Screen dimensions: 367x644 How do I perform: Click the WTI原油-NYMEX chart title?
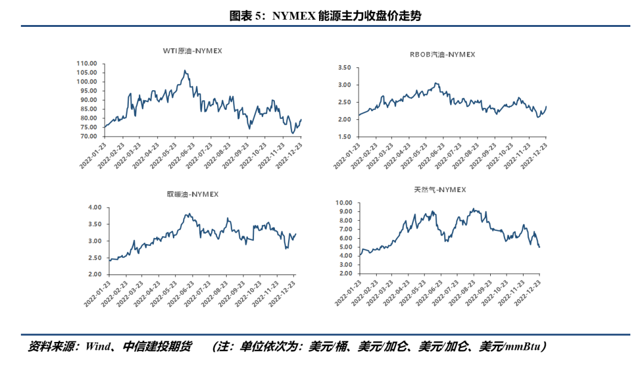tap(192, 51)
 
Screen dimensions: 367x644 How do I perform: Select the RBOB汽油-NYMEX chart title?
tap(442, 54)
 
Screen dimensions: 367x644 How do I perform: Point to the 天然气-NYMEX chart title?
tap(440, 190)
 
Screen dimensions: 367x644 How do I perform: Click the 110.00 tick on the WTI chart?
tap(87, 63)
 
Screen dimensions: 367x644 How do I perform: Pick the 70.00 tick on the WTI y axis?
tap(89, 137)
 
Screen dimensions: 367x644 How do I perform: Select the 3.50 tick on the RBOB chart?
tap(346, 68)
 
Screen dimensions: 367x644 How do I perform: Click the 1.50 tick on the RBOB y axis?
tap(346, 137)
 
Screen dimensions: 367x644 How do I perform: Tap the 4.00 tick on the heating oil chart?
tap(95, 208)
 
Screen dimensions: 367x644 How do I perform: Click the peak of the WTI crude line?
tap(185, 70)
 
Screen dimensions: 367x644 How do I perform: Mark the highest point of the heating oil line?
tap(188, 214)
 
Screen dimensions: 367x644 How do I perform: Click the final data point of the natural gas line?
tap(540, 247)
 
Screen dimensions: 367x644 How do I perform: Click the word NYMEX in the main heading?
tap(293, 16)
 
